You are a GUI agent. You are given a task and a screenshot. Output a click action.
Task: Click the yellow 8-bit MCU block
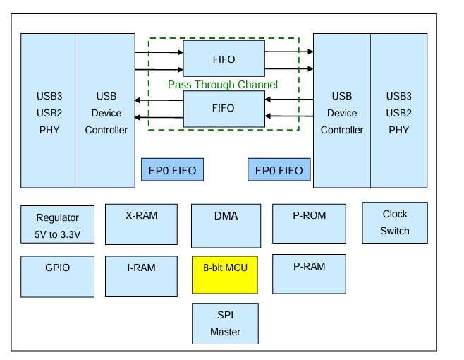(x=225, y=275)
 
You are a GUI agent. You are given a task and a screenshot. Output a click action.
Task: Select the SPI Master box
(x=225, y=323)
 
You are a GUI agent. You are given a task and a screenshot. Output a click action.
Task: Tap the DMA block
(x=226, y=226)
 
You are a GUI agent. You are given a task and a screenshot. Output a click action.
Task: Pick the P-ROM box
(x=310, y=224)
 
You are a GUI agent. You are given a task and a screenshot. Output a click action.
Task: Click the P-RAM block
(x=310, y=274)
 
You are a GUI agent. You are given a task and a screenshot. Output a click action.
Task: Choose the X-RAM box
(x=142, y=224)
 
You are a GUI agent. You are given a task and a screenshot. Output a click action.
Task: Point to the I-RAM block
(x=142, y=277)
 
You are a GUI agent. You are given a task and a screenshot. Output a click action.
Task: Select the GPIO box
(x=57, y=277)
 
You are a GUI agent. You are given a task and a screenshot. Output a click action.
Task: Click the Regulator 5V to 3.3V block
(x=57, y=224)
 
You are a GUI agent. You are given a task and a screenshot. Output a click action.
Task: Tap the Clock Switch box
(x=395, y=223)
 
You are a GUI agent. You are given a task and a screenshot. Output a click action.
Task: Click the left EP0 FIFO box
(x=173, y=169)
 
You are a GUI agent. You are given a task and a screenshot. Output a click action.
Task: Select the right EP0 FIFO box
(x=279, y=169)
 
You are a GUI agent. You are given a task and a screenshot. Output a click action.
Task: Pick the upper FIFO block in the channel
(x=224, y=59)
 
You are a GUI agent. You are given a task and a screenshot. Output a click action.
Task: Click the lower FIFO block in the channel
(x=224, y=109)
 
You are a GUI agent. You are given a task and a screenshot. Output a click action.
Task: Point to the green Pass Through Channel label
(x=223, y=85)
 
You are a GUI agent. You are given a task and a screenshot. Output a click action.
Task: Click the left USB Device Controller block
(x=106, y=111)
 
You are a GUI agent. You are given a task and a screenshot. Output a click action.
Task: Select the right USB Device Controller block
(x=342, y=111)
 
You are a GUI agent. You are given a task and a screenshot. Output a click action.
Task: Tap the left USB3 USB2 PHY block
(x=49, y=111)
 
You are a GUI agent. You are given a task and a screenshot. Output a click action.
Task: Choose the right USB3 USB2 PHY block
(x=398, y=111)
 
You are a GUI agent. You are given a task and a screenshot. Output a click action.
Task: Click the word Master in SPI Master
(x=225, y=332)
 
